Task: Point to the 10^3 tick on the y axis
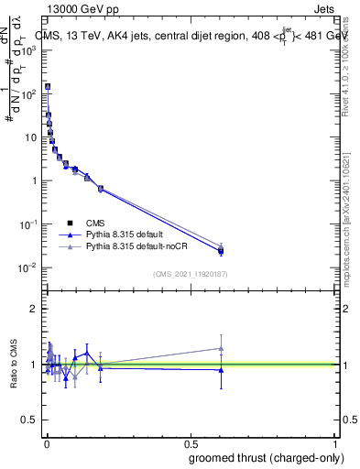(x=31, y=50)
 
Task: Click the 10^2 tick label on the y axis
(x=31, y=93)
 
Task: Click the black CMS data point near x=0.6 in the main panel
(x=221, y=250)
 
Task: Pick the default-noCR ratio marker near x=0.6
(x=221, y=348)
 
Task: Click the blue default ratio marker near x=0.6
(x=221, y=370)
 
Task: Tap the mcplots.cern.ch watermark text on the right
(x=351, y=229)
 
